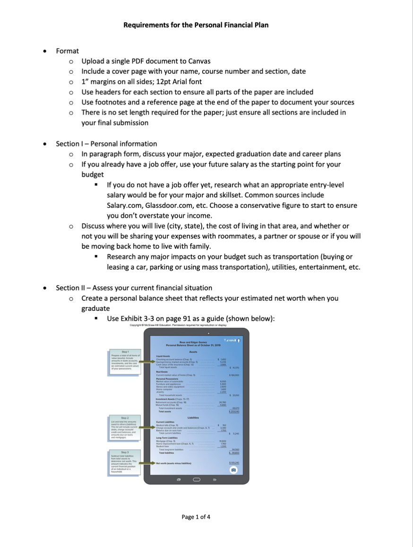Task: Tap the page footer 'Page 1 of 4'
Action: tap(196, 517)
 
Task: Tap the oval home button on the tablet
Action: tap(196, 479)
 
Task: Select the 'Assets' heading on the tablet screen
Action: tap(193, 352)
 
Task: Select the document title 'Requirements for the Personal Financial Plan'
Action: tap(196, 25)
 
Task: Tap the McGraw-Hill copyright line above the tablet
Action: tap(179, 325)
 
